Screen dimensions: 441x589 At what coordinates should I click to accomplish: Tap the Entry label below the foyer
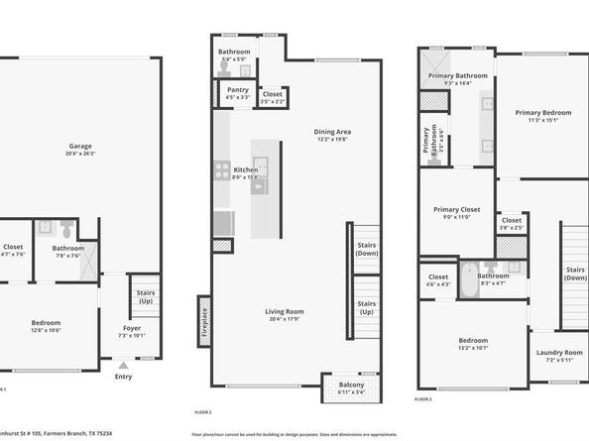(x=123, y=376)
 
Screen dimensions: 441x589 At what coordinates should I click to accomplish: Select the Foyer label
(x=132, y=327)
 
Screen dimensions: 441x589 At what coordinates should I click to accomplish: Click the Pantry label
(x=237, y=89)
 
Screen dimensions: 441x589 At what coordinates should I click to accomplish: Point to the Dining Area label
(x=333, y=131)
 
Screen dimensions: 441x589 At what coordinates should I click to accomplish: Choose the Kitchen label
(x=245, y=169)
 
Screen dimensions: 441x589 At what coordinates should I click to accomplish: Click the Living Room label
(x=284, y=312)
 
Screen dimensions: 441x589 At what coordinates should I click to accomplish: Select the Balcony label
(x=351, y=385)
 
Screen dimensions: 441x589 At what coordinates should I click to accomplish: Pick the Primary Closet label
(x=456, y=209)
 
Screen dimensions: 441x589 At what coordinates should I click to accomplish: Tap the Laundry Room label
(x=559, y=352)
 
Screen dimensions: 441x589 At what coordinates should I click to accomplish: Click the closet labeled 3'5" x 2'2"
(x=272, y=95)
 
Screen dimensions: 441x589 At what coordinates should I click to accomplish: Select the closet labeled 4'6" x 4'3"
(x=438, y=276)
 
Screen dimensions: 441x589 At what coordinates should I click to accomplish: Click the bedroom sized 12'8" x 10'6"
(x=46, y=323)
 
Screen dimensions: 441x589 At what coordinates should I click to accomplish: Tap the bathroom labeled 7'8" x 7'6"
(x=68, y=248)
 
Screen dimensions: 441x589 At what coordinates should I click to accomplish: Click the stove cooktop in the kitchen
(x=221, y=170)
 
